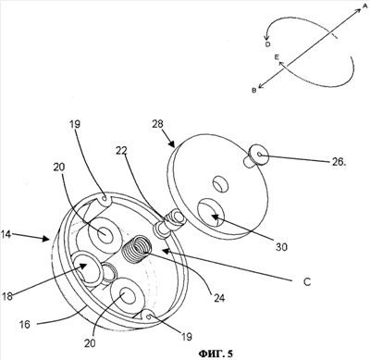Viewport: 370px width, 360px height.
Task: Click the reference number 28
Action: coord(158,124)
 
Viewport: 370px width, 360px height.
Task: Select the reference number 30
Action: coord(281,247)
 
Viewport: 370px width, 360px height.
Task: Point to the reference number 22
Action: coord(122,151)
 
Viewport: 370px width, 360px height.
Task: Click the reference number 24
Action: coord(218,298)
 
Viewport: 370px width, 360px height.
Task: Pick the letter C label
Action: coord(307,282)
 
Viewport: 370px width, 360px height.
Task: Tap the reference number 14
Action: coord(6,234)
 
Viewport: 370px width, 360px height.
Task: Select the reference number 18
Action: coord(7,296)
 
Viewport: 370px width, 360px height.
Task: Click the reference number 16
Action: coord(25,324)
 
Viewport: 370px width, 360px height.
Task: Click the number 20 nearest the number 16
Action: coord(90,343)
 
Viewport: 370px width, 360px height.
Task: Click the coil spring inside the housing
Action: coord(136,249)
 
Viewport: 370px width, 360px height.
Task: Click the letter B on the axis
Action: coord(254,91)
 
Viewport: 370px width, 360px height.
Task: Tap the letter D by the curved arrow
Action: coord(267,44)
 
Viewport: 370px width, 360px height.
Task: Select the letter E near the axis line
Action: coord(277,57)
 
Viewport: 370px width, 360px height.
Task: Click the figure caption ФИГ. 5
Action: coord(216,353)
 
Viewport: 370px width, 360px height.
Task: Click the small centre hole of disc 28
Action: coord(221,183)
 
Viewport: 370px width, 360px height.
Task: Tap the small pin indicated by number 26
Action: coord(256,155)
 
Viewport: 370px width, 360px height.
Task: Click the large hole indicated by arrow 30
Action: coord(211,213)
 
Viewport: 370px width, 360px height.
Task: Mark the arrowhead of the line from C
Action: coord(165,251)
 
